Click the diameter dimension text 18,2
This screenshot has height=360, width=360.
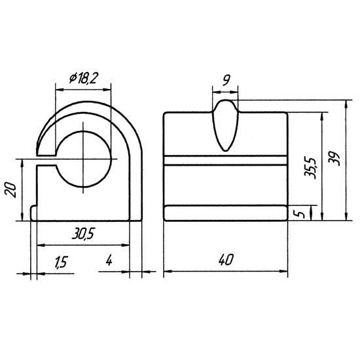[87, 79]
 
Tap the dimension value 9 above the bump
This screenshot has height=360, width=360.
[226, 80]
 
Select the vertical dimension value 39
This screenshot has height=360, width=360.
[334, 159]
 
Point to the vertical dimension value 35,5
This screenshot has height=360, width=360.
[310, 168]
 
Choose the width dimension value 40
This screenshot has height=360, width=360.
[226, 260]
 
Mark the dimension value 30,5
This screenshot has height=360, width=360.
[83, 234]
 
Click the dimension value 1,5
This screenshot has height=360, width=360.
[61, 262]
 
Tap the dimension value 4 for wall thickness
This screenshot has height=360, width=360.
[109, 261]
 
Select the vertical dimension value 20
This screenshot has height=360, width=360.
[11, 190]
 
